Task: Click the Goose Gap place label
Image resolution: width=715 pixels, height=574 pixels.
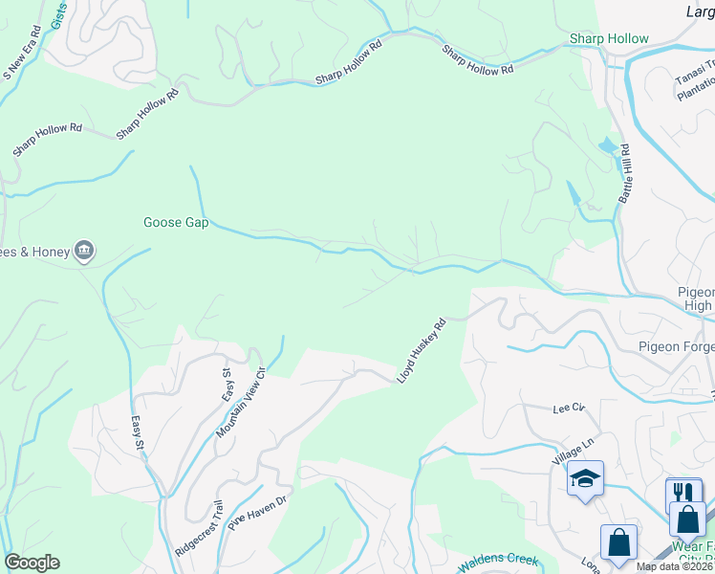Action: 176,223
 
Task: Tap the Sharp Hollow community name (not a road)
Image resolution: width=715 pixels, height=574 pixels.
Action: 609,39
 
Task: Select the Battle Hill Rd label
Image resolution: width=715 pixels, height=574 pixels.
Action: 626,174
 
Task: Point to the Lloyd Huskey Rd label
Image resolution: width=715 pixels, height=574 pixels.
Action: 422,352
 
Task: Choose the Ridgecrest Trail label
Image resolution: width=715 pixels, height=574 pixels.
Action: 199,530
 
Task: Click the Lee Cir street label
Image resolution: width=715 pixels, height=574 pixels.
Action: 568,408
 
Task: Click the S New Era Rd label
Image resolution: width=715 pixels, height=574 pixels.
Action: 22,57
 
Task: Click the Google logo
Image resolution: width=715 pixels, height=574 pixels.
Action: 32,563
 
